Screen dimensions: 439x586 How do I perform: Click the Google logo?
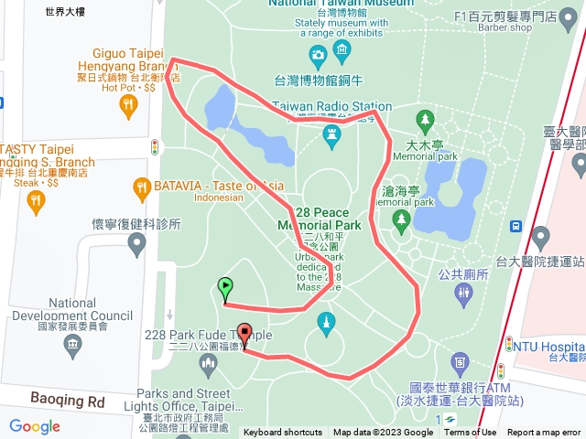pos(34,426)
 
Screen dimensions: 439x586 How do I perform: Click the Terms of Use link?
pos(470,433)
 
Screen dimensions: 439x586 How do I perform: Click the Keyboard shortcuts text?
pos(282,433)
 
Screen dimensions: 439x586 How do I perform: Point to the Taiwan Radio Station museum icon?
pos(331,136)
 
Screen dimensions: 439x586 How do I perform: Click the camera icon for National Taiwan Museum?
pos(318,58)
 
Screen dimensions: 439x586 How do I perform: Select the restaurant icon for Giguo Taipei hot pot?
pos(128,106)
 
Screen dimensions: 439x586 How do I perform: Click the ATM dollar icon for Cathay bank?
pos(500,370)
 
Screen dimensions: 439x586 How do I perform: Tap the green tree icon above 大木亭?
pos(424,120)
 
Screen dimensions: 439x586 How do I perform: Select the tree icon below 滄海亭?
pos(401,219)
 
